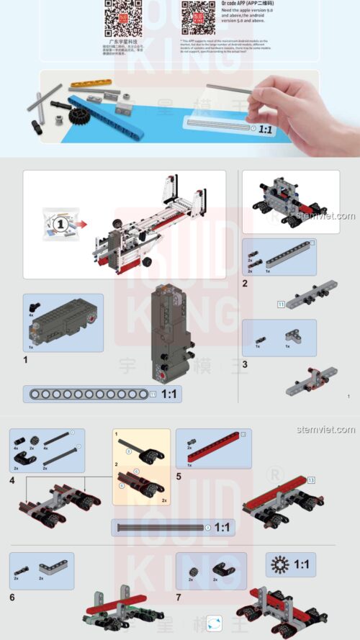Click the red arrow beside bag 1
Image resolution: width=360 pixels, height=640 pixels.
(x=82, y=224)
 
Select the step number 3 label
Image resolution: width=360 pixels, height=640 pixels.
(x=245, y=364)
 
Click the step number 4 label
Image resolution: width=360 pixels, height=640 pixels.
(x=12, y=479)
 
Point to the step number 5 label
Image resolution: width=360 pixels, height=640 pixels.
(x=179, y=477)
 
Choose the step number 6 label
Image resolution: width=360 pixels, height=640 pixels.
(x=12, y=597)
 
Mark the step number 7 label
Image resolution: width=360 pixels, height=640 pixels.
(x=179, y=597)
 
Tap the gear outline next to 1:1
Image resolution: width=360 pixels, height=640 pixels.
(x=279, y=564)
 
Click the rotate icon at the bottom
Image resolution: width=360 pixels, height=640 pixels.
(x=214, y=623)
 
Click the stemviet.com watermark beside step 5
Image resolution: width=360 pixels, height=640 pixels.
(x=325, y=430)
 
